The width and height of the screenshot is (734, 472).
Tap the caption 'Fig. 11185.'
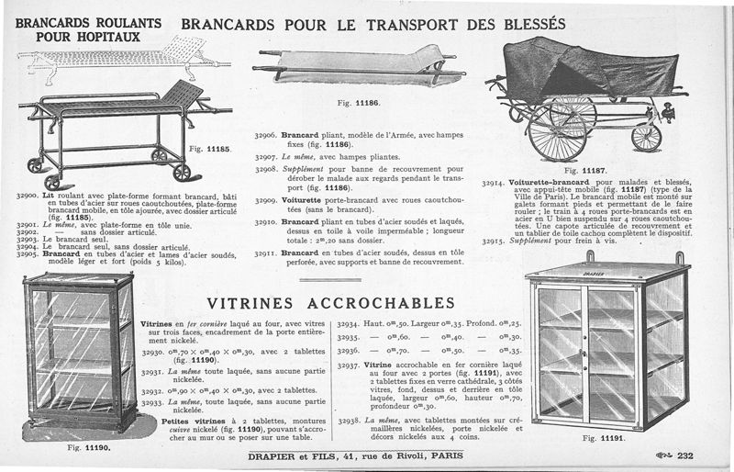(x=210, y=148)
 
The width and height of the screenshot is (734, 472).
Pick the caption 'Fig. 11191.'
(x=602, y=438)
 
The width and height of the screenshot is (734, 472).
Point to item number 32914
(x=496, y=182)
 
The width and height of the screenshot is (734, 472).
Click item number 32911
(x=266, y=251)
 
